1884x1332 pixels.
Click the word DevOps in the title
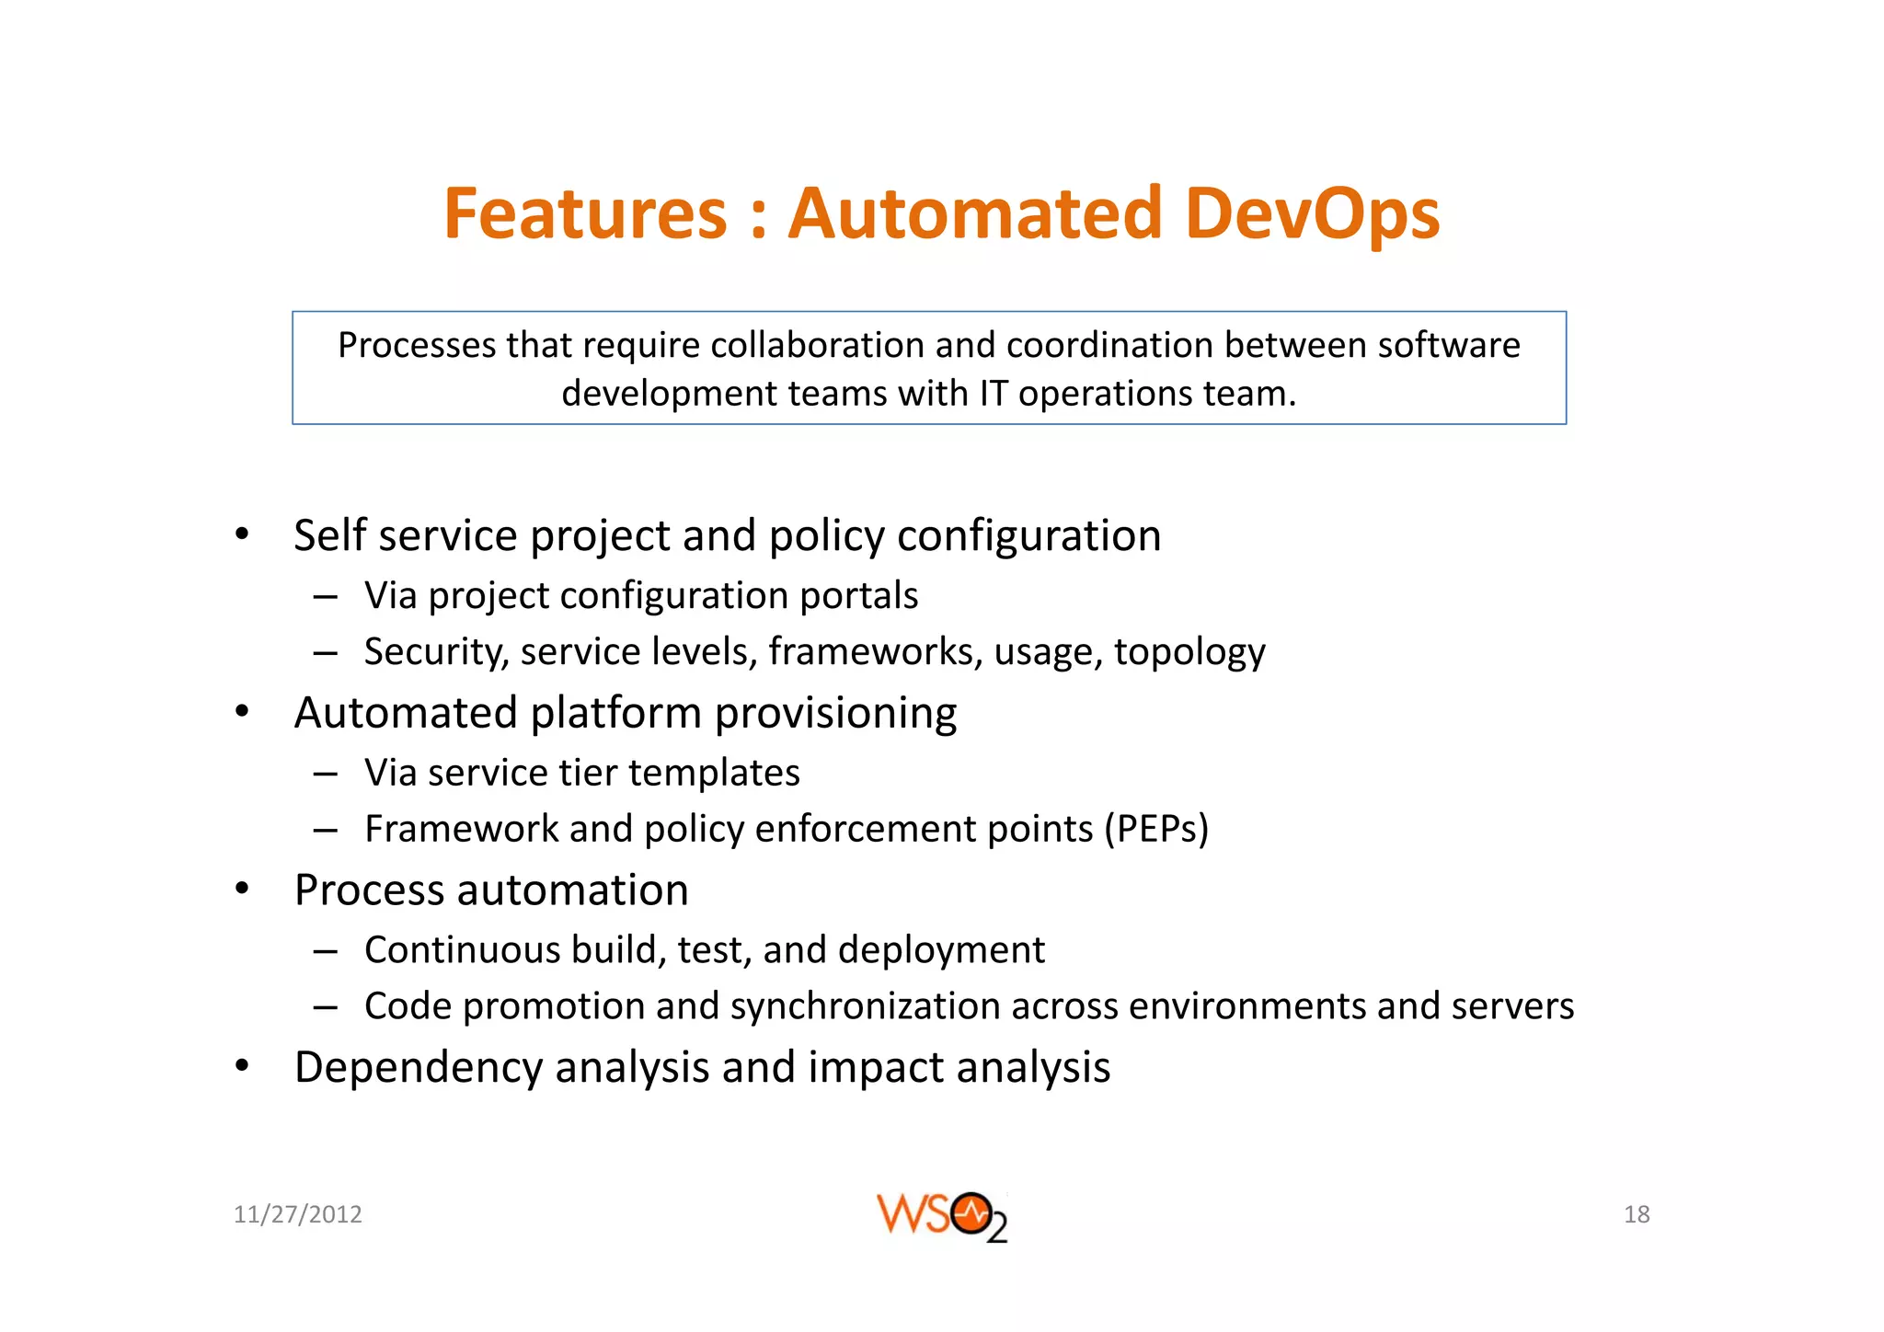coord(1312,213)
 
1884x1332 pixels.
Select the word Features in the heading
coord(585,213)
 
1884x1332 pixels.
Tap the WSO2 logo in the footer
coord(941,1216)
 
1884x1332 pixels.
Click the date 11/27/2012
coord(297,1214)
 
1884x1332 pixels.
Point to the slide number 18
coord(1637,1214)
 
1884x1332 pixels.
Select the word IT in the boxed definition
coord(994,393)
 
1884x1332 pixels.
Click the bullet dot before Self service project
coord(242,534)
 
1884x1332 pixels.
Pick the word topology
coord(1189,651)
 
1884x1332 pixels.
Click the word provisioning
coord(835,713)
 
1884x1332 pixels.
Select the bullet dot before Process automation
coord(242,890)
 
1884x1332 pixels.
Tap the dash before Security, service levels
coord(325,652)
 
